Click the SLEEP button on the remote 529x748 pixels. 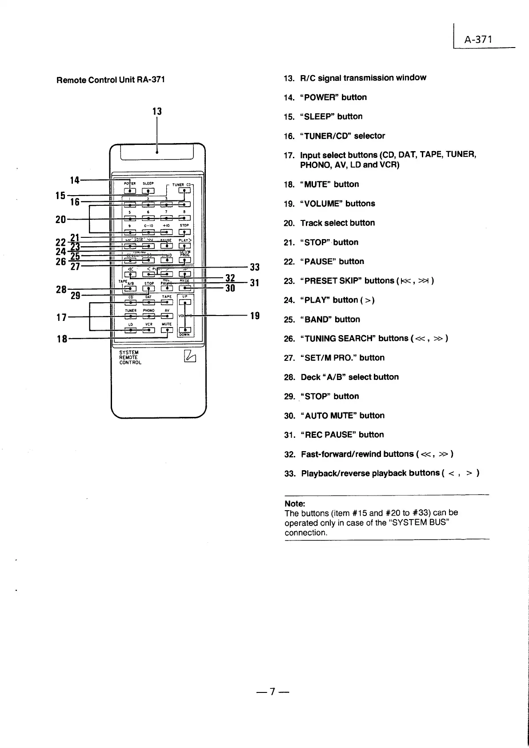point(148,191)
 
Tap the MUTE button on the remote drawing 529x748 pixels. point(167,330)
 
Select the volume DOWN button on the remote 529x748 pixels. point(184,330)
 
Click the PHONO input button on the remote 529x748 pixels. point(148,316)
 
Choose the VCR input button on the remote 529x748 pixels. point(148,330)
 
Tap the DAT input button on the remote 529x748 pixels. point(148,303)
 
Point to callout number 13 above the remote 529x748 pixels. point(157,111)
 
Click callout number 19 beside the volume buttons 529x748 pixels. point(255,316)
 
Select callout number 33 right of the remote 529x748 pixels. point(255,267)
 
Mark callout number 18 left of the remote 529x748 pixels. point(62,339)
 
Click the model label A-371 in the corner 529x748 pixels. point(478,40)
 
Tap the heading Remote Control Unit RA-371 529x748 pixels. point(111,80)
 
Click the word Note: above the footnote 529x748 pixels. point(295,504)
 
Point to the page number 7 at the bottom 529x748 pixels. point(273,691)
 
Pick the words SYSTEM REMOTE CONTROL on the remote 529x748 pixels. point(130,357)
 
